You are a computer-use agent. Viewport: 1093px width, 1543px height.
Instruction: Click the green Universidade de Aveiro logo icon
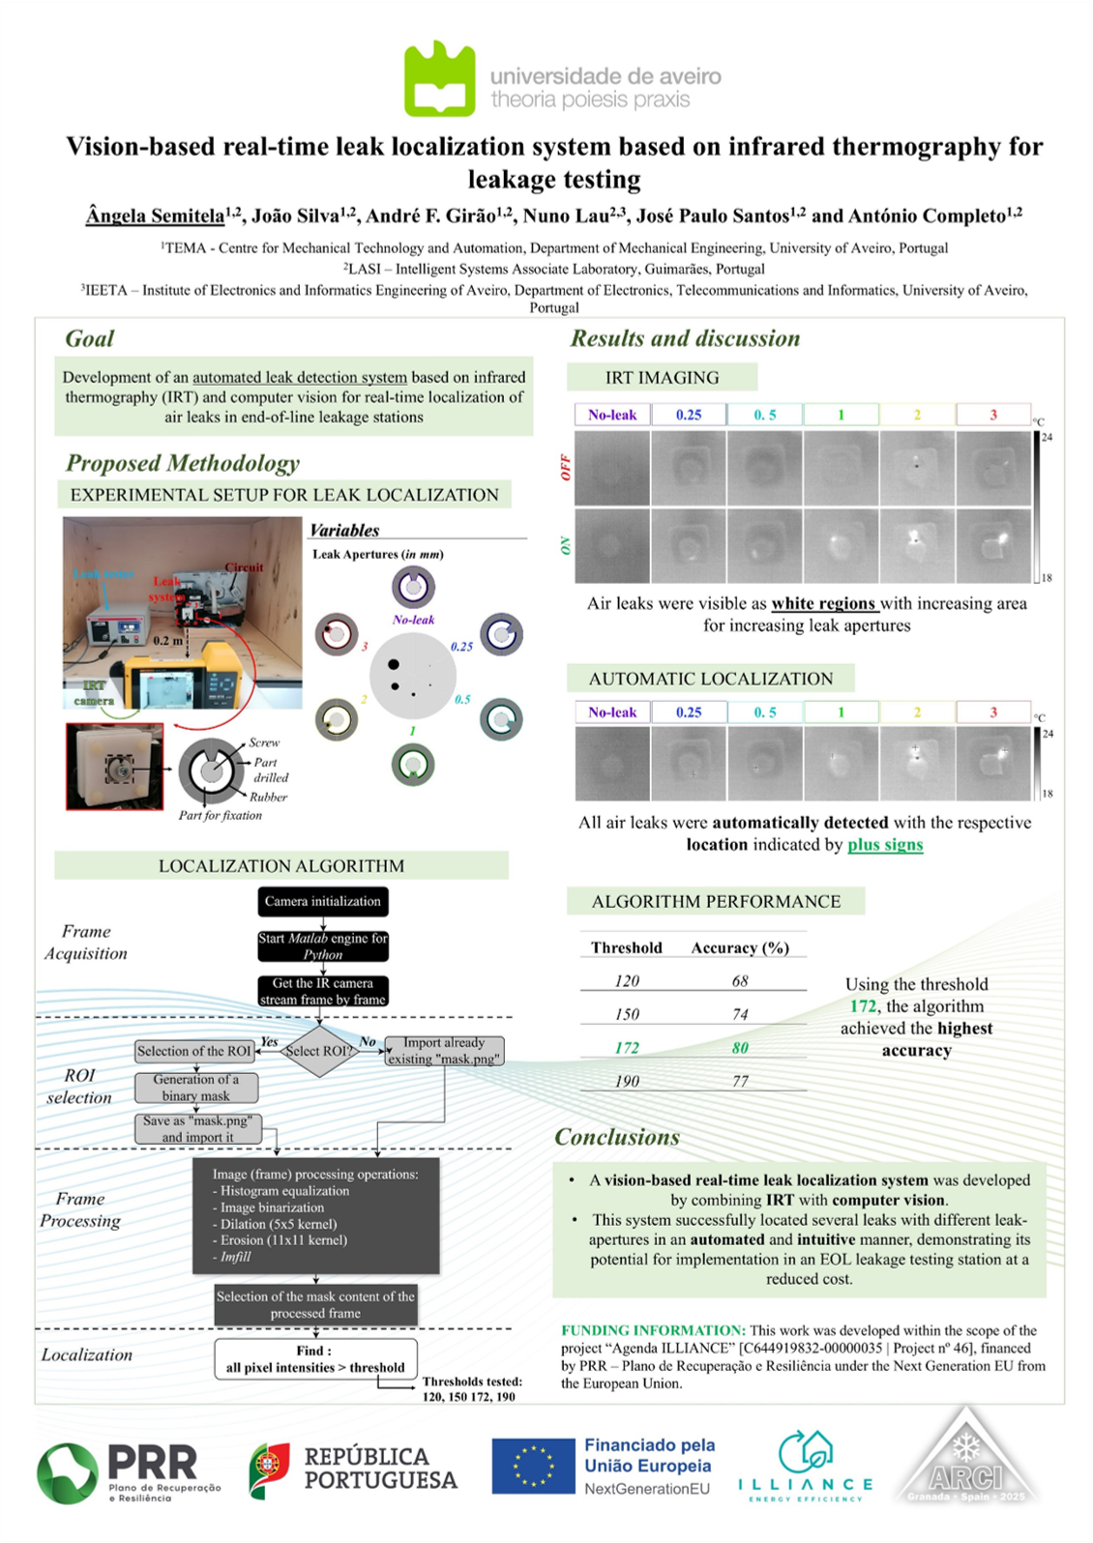click(x=439, y=79)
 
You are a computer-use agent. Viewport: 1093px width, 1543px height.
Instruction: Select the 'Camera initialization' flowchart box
click(x=323, y=901)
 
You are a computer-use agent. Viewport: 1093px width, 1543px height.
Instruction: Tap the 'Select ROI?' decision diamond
click(x=318, y=1051)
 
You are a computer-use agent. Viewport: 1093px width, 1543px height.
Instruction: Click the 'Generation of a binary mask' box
click(x=195, y=1088)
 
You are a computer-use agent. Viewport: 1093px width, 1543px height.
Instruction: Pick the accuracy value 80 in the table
click(x=740, y=1048)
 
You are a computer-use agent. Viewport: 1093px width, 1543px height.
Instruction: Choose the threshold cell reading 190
click(x=627, y=1081)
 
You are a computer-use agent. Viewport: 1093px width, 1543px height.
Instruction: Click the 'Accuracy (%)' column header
click(x=740, y=948)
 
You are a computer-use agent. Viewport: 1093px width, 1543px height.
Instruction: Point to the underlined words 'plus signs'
click(x=885, y=845)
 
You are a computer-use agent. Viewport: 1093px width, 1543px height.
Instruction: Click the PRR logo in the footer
click(x=130, y=1471)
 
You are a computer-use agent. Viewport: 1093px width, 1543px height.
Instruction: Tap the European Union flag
click(x=533, y=1466)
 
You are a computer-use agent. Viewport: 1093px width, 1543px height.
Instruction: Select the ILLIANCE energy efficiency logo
click(x=805, y=1466)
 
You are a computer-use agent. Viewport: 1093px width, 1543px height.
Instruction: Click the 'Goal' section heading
click(x=89, y=338)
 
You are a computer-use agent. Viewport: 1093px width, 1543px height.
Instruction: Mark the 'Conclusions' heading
click(x=617, y=1137)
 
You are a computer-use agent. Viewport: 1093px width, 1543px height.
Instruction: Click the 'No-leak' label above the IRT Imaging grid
click(x=612, y=415)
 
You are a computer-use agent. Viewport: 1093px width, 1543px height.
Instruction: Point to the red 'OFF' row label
click(x=566, y=468)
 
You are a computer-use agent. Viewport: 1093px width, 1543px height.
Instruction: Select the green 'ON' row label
click(x=566, y=546)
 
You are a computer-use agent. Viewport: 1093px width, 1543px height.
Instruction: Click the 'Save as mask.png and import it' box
click(x=197, y=1129)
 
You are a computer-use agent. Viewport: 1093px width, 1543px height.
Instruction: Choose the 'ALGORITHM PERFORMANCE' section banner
click(x=716, y=901)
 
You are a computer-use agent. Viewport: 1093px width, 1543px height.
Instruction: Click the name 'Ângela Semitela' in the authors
click(x=155, y=216)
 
